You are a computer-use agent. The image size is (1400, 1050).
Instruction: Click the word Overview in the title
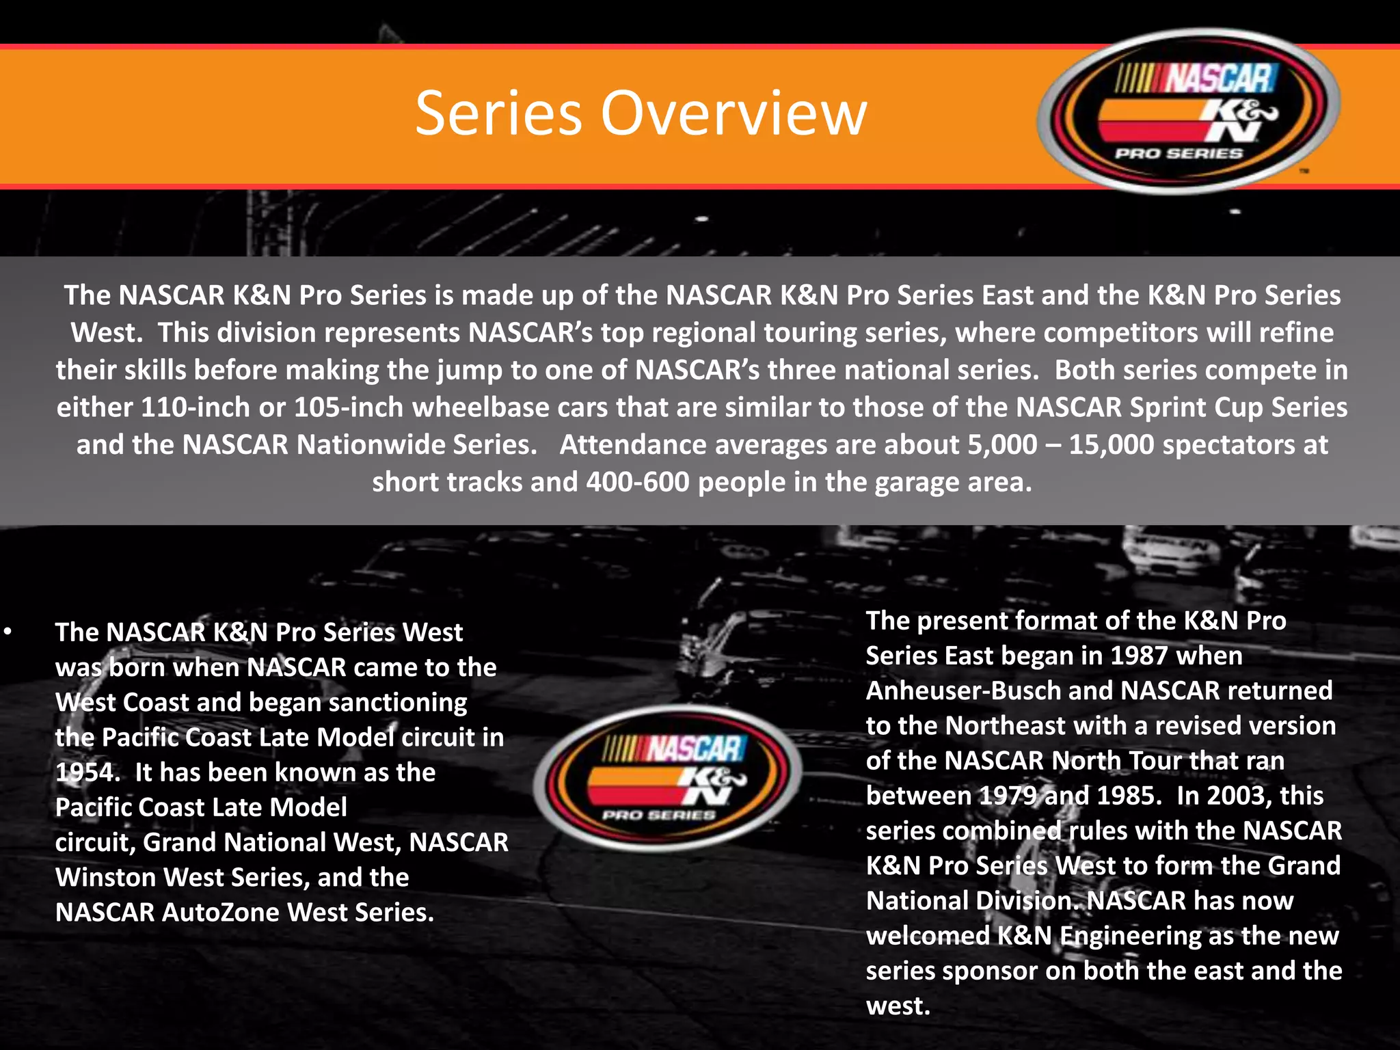coord(733,113)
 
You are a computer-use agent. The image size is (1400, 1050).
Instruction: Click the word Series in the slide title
coord(498,113)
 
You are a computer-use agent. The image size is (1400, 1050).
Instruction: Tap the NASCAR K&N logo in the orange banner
coord(1188,111)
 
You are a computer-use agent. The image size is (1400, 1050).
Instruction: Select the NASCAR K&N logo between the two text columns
coord(667,778)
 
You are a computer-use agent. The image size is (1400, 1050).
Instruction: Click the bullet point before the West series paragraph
coord(8,632)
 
